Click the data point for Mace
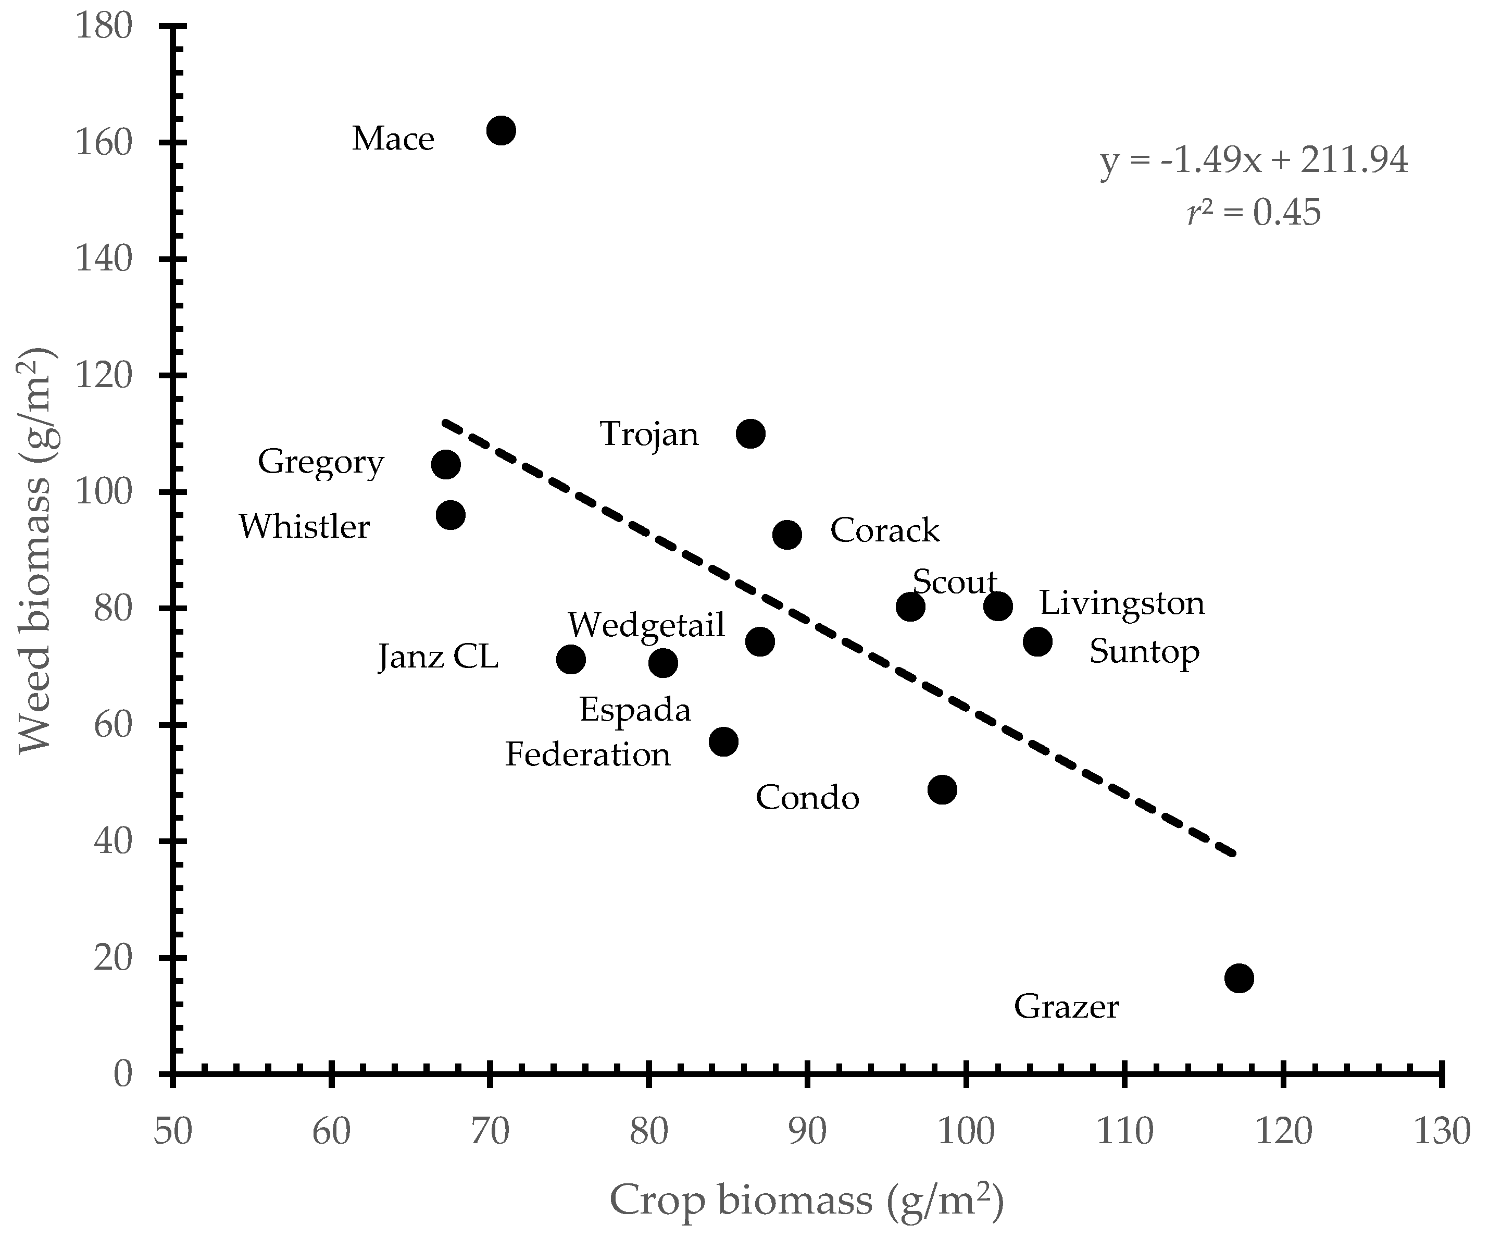pos(502,130)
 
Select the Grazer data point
pos(1238,978)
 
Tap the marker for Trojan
pos(750,434)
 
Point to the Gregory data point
pos(445,465)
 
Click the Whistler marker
pos(451,515)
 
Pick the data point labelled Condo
pos(942,789)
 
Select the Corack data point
pos(787,534)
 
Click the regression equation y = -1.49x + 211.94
pos(1254,162)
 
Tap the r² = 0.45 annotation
pos(1254,213)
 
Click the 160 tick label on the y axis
pos(104,143)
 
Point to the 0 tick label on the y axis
pos(123,1074)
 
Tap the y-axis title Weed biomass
pos(35,550)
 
